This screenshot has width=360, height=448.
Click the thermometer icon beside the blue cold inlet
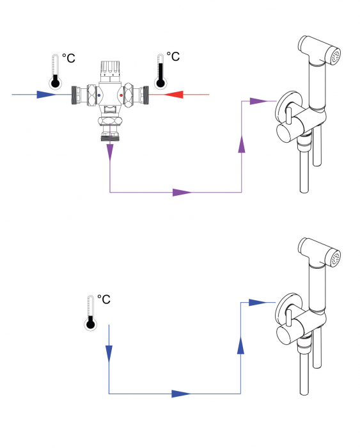[x=56, y=71]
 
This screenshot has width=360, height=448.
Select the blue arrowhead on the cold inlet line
[x=46, y=95]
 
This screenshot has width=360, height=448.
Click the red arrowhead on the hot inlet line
[x=175, y=95]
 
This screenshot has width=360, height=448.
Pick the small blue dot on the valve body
[x=98, y=95]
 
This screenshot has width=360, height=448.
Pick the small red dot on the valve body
[x=121, y=95]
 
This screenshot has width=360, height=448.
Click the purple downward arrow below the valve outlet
[x=110, y=152]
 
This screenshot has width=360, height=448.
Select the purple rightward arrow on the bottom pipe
[x=182, y=192]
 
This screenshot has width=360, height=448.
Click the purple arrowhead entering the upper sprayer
[x=258, y=100]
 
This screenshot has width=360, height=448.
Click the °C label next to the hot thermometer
[x=173, y=58]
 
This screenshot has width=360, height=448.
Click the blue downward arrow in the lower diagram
[x=109, y=352]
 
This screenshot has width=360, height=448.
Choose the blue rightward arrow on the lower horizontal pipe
[x=182, y=394]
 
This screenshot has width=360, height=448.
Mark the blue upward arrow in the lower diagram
[x=240, y=346]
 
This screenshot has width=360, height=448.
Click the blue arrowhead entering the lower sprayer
[x=257, y=302]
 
